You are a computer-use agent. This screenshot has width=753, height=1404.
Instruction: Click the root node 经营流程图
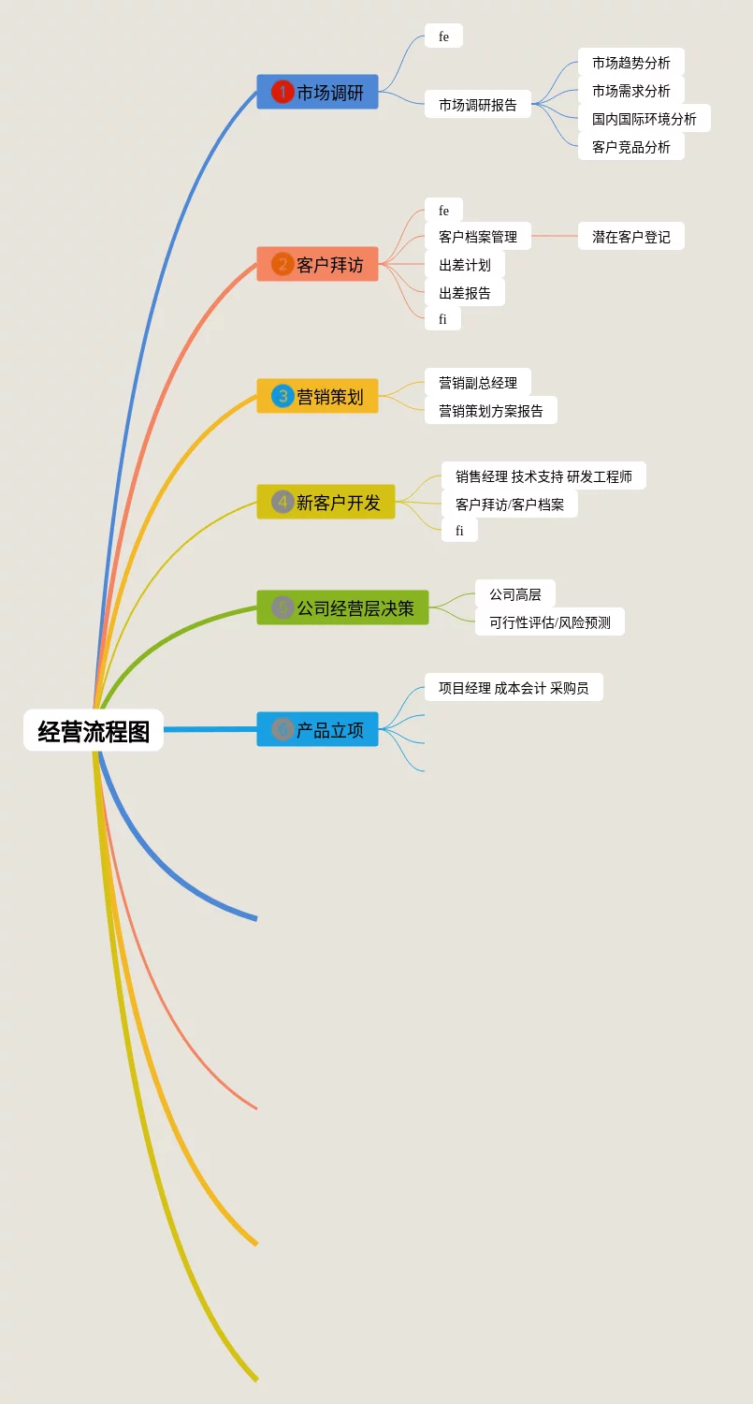click(x=94, y=730)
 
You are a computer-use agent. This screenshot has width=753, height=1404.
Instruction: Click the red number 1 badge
click(x=282, y=92)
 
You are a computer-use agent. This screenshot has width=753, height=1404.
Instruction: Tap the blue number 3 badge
click(x=282, y=396)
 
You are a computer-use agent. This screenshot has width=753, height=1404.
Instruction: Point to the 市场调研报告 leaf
click(x=477, y=105)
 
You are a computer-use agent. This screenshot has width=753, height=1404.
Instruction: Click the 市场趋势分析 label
click(x=630, y=63)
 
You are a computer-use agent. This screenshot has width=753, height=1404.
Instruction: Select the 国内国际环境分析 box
click(x=644, y=119)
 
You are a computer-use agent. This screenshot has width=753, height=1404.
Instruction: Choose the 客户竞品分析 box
click(x=630, y=147)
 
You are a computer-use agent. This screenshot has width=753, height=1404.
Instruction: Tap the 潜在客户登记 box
click(x=630, y=237)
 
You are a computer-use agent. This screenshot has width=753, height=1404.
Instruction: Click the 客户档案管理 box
click(x=477, y=237)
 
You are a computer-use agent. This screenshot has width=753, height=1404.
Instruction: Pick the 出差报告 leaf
click(x=464, y=293)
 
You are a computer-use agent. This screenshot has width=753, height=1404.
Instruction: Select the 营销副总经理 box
click(x=477, y=383)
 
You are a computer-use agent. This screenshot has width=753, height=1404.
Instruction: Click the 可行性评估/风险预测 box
click(x=549, y=622)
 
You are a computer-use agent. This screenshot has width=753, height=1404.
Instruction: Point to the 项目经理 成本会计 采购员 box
click(x=514, y=688)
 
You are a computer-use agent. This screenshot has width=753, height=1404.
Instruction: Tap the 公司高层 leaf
click(x=514, y=594)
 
